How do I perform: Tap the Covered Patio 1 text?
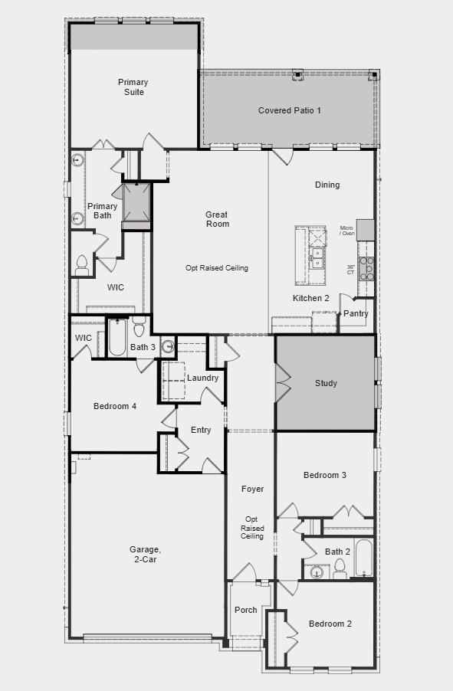(289, 110)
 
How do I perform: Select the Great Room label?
(217, 219)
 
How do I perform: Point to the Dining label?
(327, 185)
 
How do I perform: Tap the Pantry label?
(356, 313)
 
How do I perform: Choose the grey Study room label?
(326, 383)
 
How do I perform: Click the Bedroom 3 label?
(325, 475)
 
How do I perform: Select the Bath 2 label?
(337, 552)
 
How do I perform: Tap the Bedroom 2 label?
(330, 624)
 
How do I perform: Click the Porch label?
(245, 610)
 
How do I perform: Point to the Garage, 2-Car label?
(145, 554)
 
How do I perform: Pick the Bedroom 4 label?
(115, 406)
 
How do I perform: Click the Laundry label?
(202, 378)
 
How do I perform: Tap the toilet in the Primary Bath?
(82, 264)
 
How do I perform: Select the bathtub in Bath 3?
(117, 338)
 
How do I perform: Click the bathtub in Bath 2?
(363, 559)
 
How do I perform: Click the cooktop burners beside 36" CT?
(367, 268)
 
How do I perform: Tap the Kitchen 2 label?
(311, 298)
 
